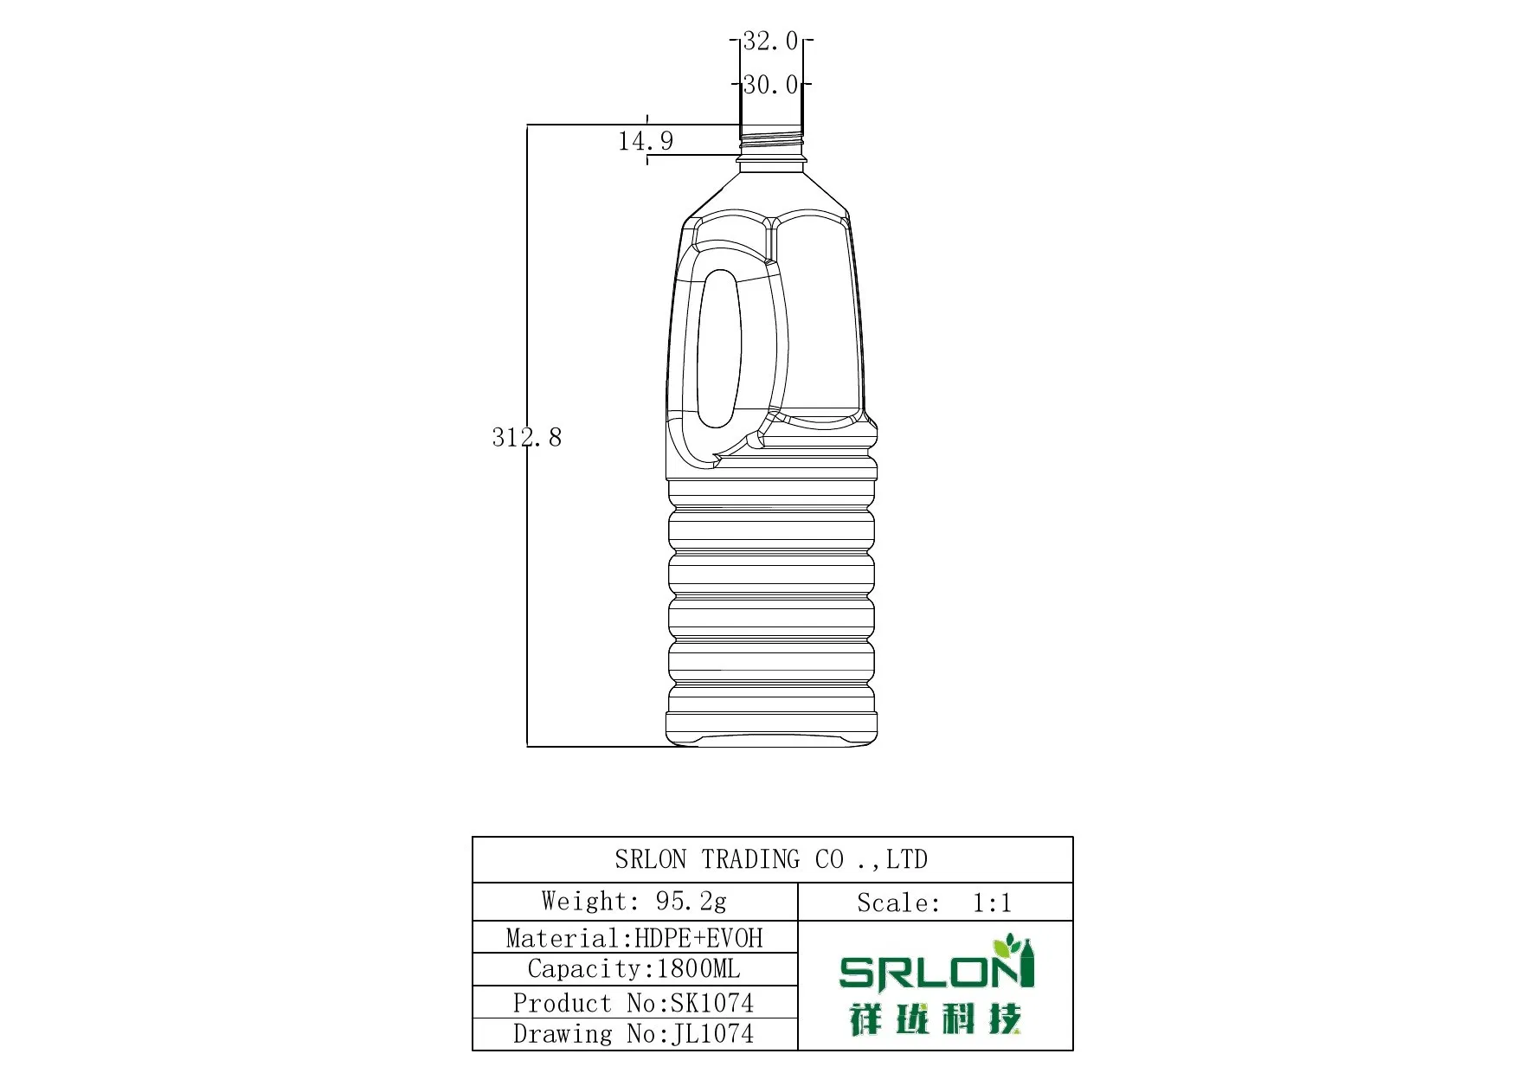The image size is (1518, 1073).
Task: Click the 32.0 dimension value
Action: pos(770,41)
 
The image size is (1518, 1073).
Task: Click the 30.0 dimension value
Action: pos(770,85)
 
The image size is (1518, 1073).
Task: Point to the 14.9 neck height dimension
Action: pos(645,140)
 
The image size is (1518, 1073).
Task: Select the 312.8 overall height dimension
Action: pos(526,437)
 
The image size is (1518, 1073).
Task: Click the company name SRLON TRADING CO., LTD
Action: pos(771,859)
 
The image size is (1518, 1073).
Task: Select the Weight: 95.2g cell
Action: pos(634,902)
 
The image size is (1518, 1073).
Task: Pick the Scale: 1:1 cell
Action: pos(935,903)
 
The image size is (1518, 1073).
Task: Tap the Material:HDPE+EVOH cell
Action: pos(634,938)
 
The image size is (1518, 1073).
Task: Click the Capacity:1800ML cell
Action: pos(634,969)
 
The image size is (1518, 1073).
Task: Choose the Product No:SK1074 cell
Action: pos(634,1003)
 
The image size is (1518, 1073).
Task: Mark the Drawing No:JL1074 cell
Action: pos(634,1034)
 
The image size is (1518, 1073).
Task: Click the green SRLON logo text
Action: pos(926,972)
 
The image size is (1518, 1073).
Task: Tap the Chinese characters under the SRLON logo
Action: pos(935,1019)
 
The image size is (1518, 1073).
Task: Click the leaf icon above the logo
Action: pos(1007,944)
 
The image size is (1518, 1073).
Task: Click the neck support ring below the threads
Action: pos(771,159)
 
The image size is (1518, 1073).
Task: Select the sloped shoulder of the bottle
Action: pos(771,190)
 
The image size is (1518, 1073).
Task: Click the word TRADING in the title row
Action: pos(750,859)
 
